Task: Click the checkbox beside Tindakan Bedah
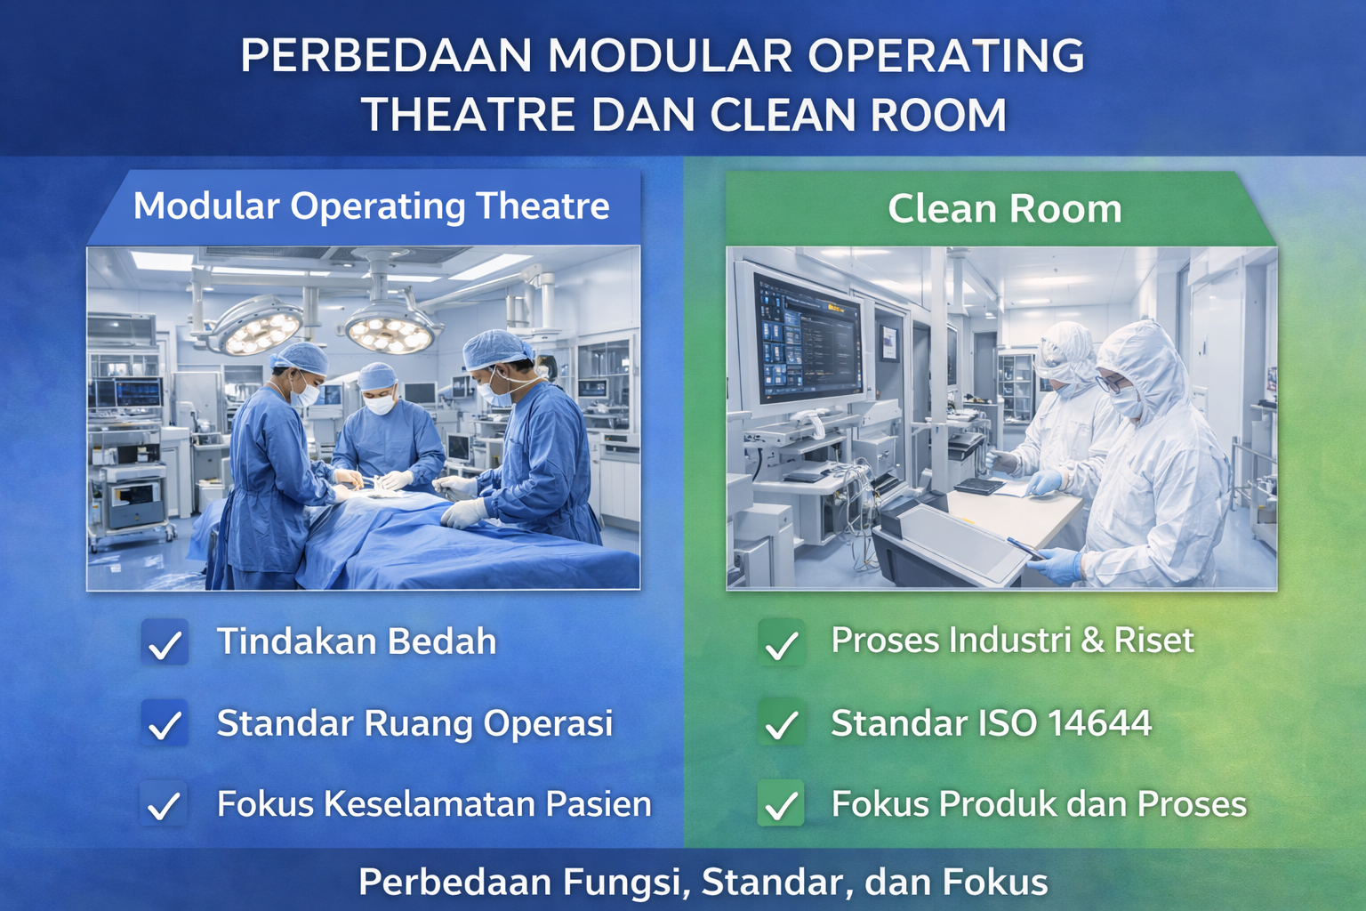tap(165, 642)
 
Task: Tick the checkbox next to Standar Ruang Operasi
tap(165, 723)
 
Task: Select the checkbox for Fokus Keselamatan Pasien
tap(165, 804)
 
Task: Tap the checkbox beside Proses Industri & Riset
tap(782, 642)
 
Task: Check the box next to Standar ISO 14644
tap(782, 723)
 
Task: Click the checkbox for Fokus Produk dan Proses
tap(782, 804)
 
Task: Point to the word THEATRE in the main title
tap(468, 115)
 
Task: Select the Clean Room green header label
tap(1004, 209)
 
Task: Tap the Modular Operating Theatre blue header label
tap(371, 206)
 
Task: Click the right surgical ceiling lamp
tap(390, 333)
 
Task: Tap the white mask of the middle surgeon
tap(380, 404)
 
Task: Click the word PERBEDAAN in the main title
tap(385, 56)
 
